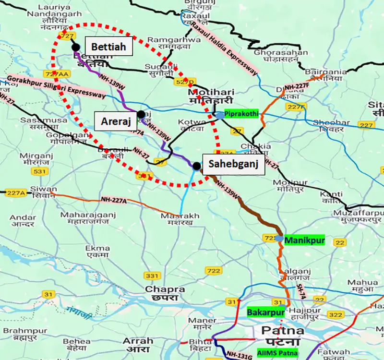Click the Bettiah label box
coord(108,47)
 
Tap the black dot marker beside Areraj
coord(141,114)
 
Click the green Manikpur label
coord(304,239)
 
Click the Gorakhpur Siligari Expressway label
coord(57,86)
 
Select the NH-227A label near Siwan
coord(114,199)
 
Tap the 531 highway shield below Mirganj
coord(28,171)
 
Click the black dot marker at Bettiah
coord(75,47)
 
